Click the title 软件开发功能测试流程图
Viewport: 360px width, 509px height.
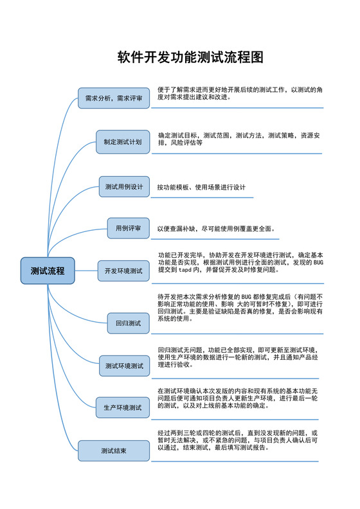pyautogui.click(x=190, y=57)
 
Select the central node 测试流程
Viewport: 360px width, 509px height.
pyautogui.click(x=48, y=271)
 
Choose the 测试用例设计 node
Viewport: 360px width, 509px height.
pyautogui.click(x=124, y=187)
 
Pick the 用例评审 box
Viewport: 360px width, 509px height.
pyautogui.click(x=128, y=228)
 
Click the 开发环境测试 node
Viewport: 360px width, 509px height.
pyautogui.click(x=123, y=271)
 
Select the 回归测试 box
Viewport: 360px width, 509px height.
pyautogui.click(x=128, y=323)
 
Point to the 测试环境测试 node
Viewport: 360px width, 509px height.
pyautogui.click(x=124, y=366)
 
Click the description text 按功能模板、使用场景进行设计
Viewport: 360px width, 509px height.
pyautogui.click(x=202, y=187)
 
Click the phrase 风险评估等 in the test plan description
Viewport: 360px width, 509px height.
pyautogui.click(x=186, y=143)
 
